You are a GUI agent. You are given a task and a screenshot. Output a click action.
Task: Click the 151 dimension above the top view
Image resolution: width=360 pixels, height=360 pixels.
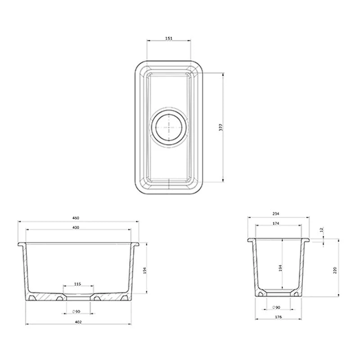169,39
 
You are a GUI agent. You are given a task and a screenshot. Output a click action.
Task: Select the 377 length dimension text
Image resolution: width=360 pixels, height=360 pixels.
220,127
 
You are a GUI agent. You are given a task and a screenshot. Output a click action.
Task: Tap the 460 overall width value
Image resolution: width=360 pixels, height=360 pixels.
82,218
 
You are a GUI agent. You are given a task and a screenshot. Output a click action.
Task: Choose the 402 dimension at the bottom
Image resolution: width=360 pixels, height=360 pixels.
81,322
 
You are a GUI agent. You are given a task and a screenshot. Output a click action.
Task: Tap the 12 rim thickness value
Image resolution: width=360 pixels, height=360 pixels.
321,230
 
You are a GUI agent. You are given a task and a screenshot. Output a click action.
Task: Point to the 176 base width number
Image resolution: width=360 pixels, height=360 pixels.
278,318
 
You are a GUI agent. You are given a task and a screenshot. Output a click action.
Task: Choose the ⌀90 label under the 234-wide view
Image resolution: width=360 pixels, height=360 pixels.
277,307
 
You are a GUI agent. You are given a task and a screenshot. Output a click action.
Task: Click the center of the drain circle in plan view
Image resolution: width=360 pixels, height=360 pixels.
168,127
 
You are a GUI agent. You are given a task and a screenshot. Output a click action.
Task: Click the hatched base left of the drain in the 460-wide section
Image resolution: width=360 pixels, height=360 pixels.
45,297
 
